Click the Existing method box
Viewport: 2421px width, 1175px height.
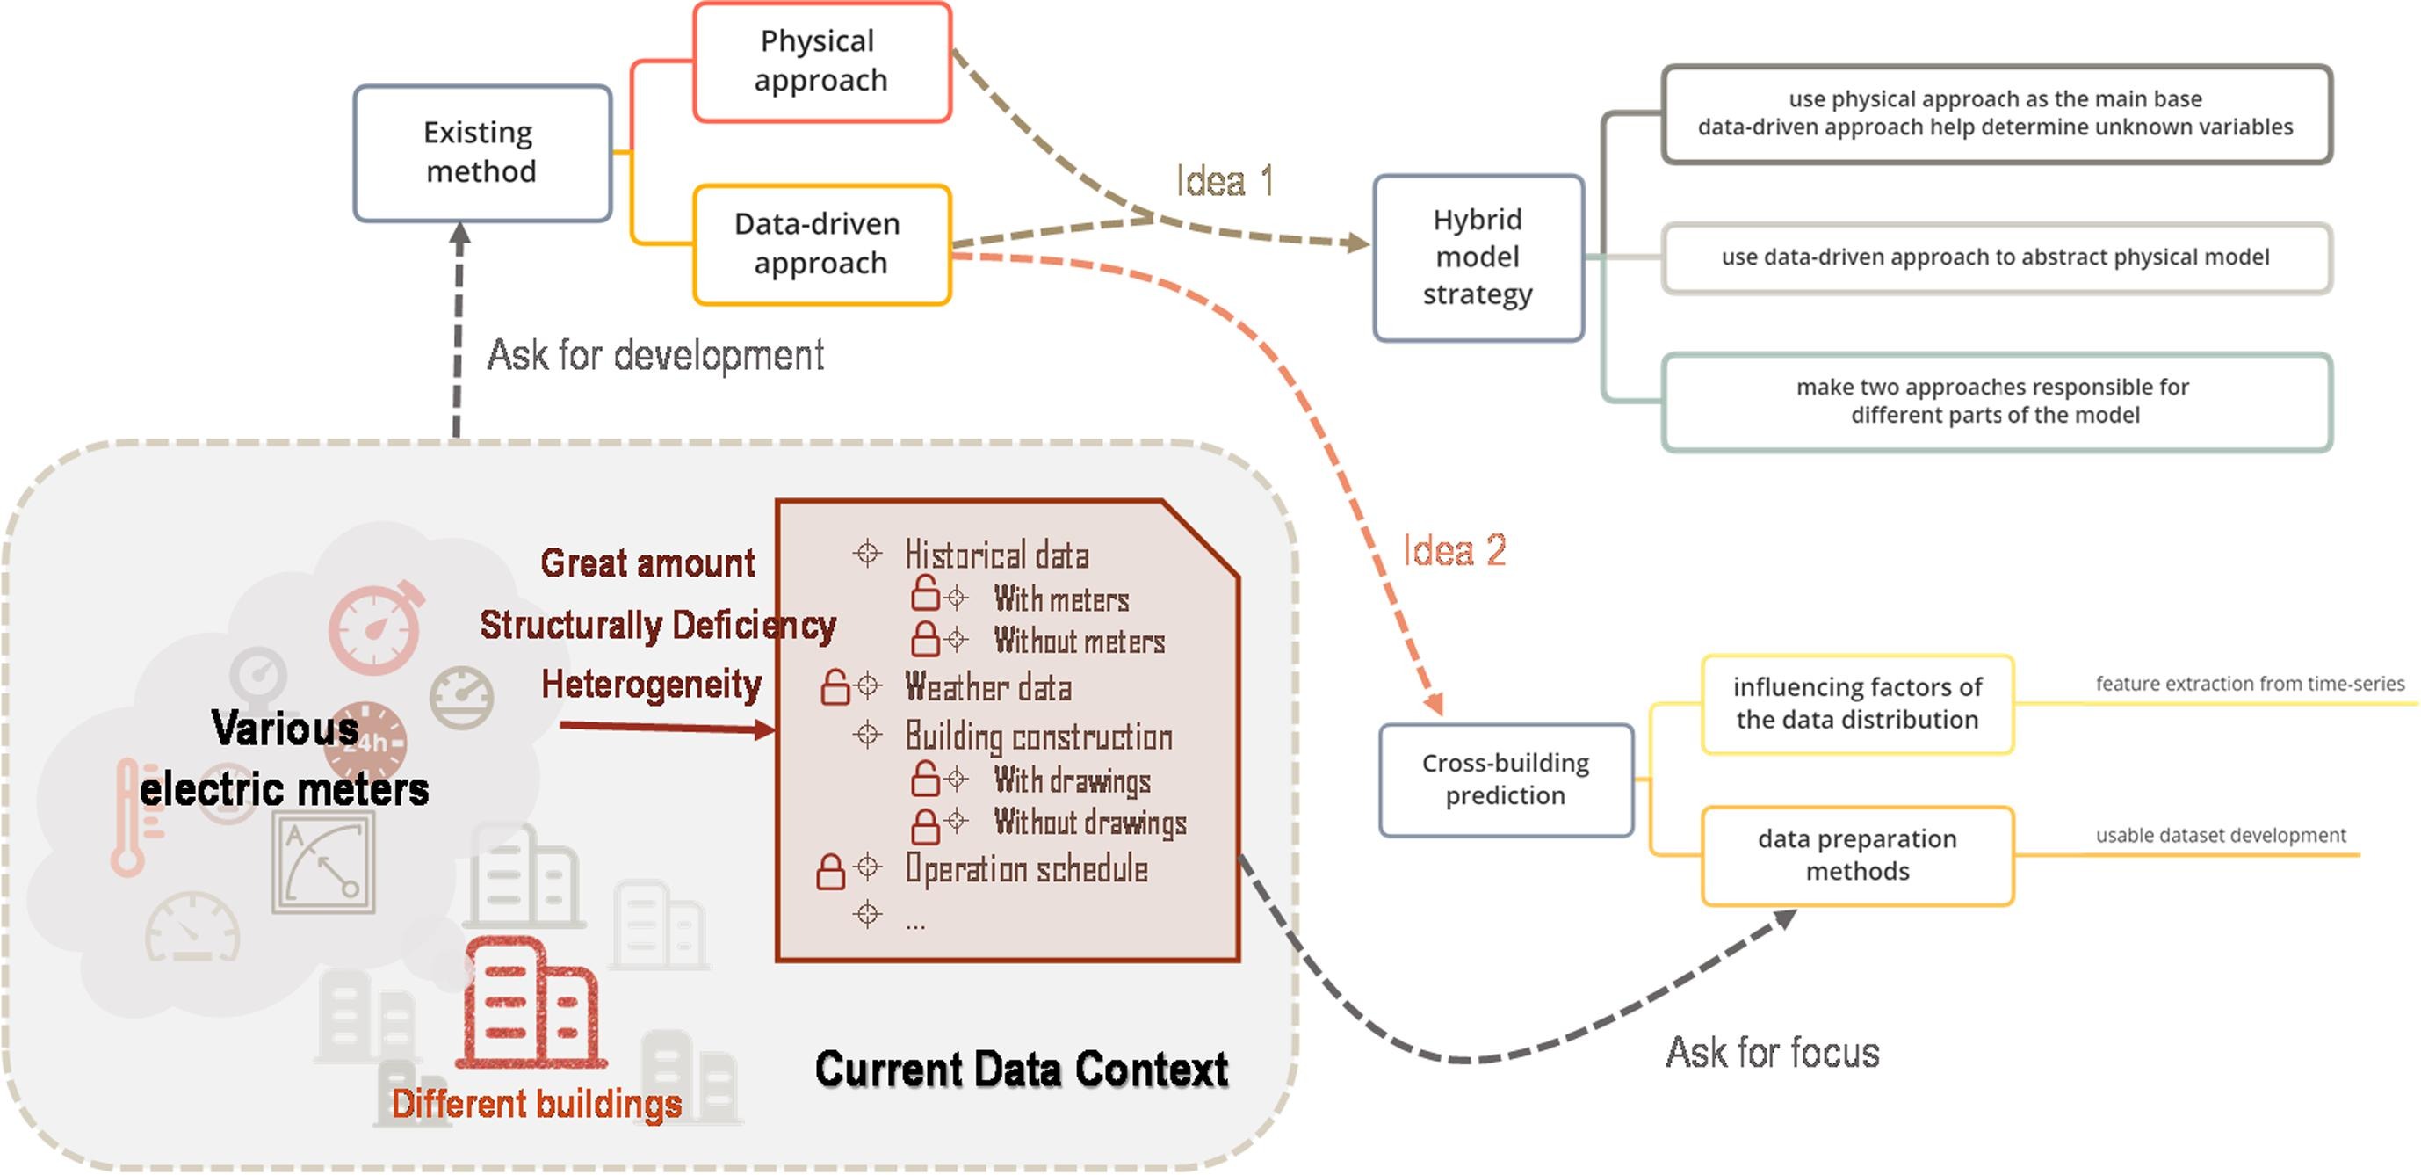pyautogui.click(x=482, y=153)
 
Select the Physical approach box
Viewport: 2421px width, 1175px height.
pyautogui.click(x=821, y=62)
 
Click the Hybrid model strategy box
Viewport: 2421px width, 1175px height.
pyautogui.click(x=1478, y=257)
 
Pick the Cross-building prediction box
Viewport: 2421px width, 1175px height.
pyautogui.click(x=1505, y=780)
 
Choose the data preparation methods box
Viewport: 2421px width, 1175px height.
pyautogui.click(x=1856, y=855)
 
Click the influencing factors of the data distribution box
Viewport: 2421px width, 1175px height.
pyautogui.click(x=1856, y=704)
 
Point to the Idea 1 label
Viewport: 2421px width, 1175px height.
pyautogui.click(x=1224, y=181)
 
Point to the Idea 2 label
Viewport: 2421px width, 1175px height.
pyautogui.click(x=1454, y=551)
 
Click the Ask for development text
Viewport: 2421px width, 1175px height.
pyautogui.click(x=655, y=356)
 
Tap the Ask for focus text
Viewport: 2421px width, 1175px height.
pyautogui.click(x=1772, y=1053)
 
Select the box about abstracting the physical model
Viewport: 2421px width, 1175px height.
pyautogui.click(x=1995, y=257)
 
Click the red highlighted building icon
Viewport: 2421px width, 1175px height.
pyautogui.click(x=531, y=1003)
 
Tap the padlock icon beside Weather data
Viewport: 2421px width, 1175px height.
pyautogui.click(x=834, y=687)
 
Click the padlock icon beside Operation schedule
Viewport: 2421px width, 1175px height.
pyautogui.click(x=830, y=872)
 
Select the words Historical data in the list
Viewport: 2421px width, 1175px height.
pyautogui.click(x=996, y=555)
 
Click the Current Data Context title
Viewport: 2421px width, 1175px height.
pyautogui.click(x=1021, y=1070)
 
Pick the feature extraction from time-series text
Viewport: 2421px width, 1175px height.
pyautogui.click(x=2249, y=684)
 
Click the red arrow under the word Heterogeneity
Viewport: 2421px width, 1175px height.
pyautogui.click(x=667, y=728)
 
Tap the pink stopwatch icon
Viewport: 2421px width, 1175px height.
pyautogui.click(x=377, y=627)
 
